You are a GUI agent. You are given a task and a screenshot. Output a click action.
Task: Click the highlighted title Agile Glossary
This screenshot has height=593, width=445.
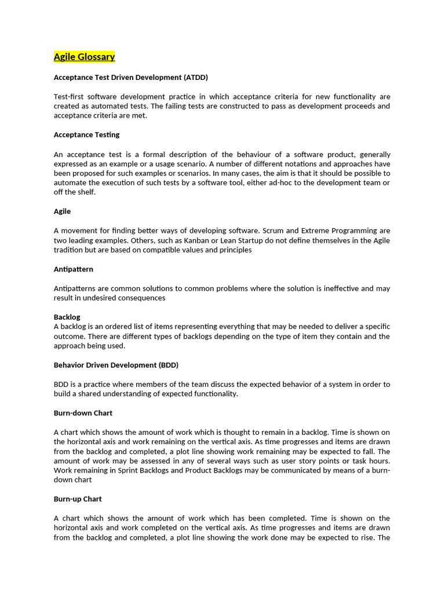click(x=84, y=57)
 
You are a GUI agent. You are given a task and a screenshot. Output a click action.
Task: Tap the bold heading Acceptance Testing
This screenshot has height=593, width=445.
click(x=86, y=135)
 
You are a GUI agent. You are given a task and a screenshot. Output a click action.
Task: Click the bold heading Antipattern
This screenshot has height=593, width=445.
click(x=73, y=269)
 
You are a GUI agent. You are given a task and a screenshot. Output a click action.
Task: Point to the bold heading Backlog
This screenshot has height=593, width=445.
click(x=67, y=317)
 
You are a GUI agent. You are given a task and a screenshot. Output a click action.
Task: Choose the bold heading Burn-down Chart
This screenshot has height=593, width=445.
click(x=83, y=413)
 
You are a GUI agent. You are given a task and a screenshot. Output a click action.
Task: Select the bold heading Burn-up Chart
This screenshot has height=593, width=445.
click(x=78, y=499)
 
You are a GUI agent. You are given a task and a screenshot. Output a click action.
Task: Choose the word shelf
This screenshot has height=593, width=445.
click(x=85, y=192)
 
